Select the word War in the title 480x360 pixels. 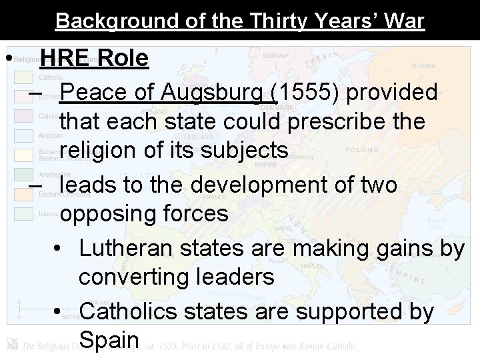click(x=402, y=21)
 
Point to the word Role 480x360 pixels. click(x=122, y=59)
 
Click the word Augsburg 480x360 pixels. click(x=218, y=93)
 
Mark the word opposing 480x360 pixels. click(x=107, y=213)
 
